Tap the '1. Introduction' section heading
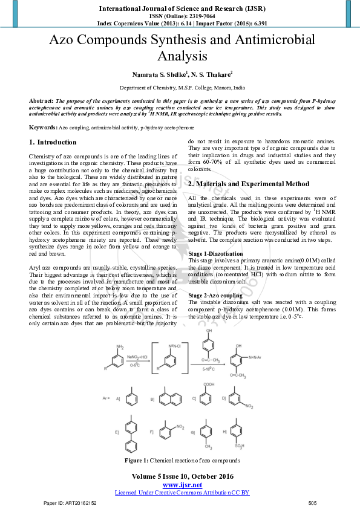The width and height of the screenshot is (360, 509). pyautogui.click(x=53, y=142)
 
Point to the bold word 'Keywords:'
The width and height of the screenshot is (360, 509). pyautogui.click(x=43, y=128)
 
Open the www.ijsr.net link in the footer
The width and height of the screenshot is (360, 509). pyautogui.click(x=182, y=485)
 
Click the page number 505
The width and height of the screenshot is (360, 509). pyautogui.click(x=312, y=503)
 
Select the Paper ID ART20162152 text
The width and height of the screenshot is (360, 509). pyautogui.click(x=70, y=503)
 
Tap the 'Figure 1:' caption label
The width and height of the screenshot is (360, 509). pyautogui.click(x=136, y=461)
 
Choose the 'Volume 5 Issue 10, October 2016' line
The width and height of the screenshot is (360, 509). pyautogui.click(x=182, y=476)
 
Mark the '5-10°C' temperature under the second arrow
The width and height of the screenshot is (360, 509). pyautogui.click(x=207, y=369)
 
